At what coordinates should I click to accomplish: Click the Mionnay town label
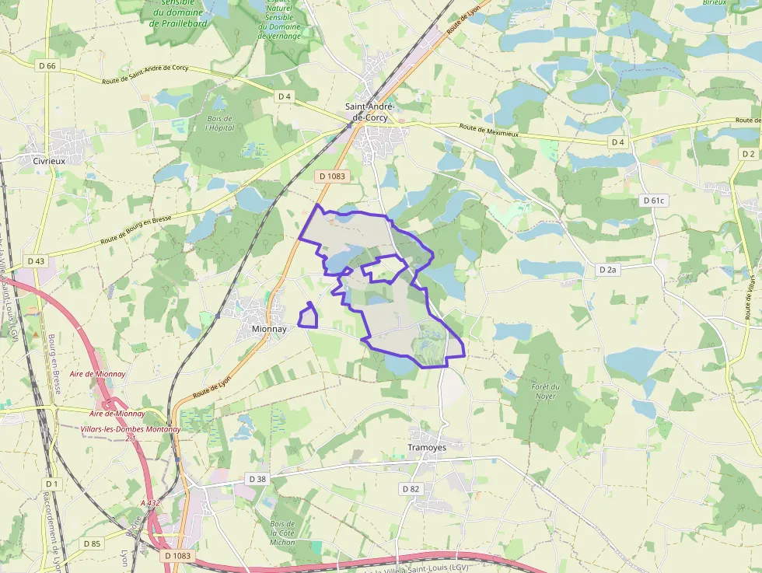[x=270, y=329]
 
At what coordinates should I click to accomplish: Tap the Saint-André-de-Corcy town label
[x=370, y=111]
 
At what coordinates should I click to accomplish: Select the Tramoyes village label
[x=426, y=448]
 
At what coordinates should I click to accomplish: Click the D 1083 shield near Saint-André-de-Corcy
[x=332, y=176]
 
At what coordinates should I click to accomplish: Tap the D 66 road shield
[x=47, y=66]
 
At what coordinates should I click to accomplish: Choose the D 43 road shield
[x=36, y=260]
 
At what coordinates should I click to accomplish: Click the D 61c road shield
[x=654, y=201]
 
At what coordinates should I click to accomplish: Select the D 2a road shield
[x=607, y=270]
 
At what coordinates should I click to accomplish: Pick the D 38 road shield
[x=257, y=479]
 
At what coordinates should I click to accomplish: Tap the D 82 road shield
[x=411, y=489]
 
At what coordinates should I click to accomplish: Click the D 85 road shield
[x=91, y=543]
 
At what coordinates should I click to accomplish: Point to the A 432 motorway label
[x=150, y=503]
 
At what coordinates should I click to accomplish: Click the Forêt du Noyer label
[x=546, y=391]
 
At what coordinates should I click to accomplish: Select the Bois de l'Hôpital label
[x=219, y=123]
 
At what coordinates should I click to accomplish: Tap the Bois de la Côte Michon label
[x=283, y=533]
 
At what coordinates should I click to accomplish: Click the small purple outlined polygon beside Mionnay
[x=309, y=317]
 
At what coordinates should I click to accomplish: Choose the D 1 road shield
[x=52, y=484]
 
